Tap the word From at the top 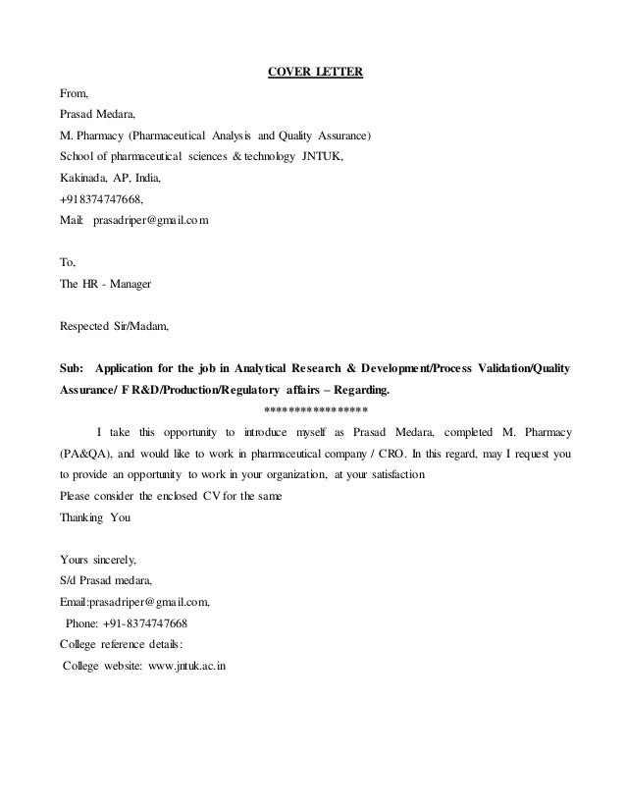coord(75,94)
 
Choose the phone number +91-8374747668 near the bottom coord(141,622)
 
